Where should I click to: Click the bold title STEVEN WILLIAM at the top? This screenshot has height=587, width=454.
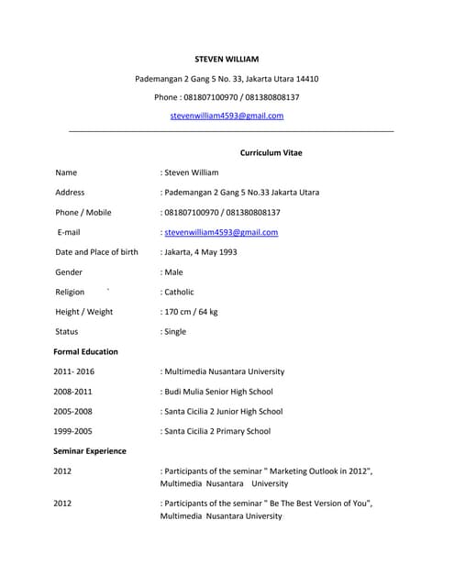[x=227, y=59]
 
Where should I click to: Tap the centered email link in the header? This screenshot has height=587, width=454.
[x=227, y=116]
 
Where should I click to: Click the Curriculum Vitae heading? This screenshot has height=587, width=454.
[x=271, y=152]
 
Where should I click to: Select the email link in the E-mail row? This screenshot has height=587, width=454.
[x=220, y=233]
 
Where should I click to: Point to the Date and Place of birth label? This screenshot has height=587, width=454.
[x=97, y=252]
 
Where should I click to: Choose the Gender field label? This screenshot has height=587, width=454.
[x=69, y=272]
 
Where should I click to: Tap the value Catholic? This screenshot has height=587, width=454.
[x=178, y=293]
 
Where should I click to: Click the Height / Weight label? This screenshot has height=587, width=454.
[x=84, y=312]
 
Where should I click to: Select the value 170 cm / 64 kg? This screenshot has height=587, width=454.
[x=190, y=312]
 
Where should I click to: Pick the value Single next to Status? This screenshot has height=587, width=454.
[x=174, y=332]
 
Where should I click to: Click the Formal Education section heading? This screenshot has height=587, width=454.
[x=85, y=351]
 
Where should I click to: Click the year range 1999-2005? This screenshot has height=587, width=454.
[x=72, y=431]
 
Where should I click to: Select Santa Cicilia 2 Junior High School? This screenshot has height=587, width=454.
[x=222, y=412]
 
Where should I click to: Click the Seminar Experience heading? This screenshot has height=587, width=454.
[x=90, y=451]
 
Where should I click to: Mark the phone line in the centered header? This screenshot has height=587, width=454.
[x=227, y=97]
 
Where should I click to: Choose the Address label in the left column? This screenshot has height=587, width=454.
[x=70, y=193]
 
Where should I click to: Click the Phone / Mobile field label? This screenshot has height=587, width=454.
[x=83, y=213]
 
